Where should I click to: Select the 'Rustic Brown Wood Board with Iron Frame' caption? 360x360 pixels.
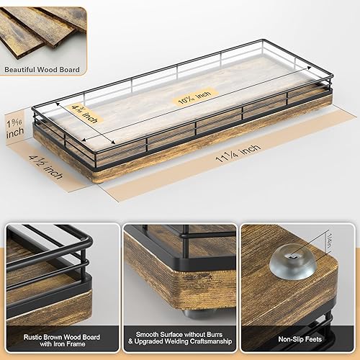point(60,338)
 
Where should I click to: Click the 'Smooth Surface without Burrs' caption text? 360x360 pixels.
point(179,333)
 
